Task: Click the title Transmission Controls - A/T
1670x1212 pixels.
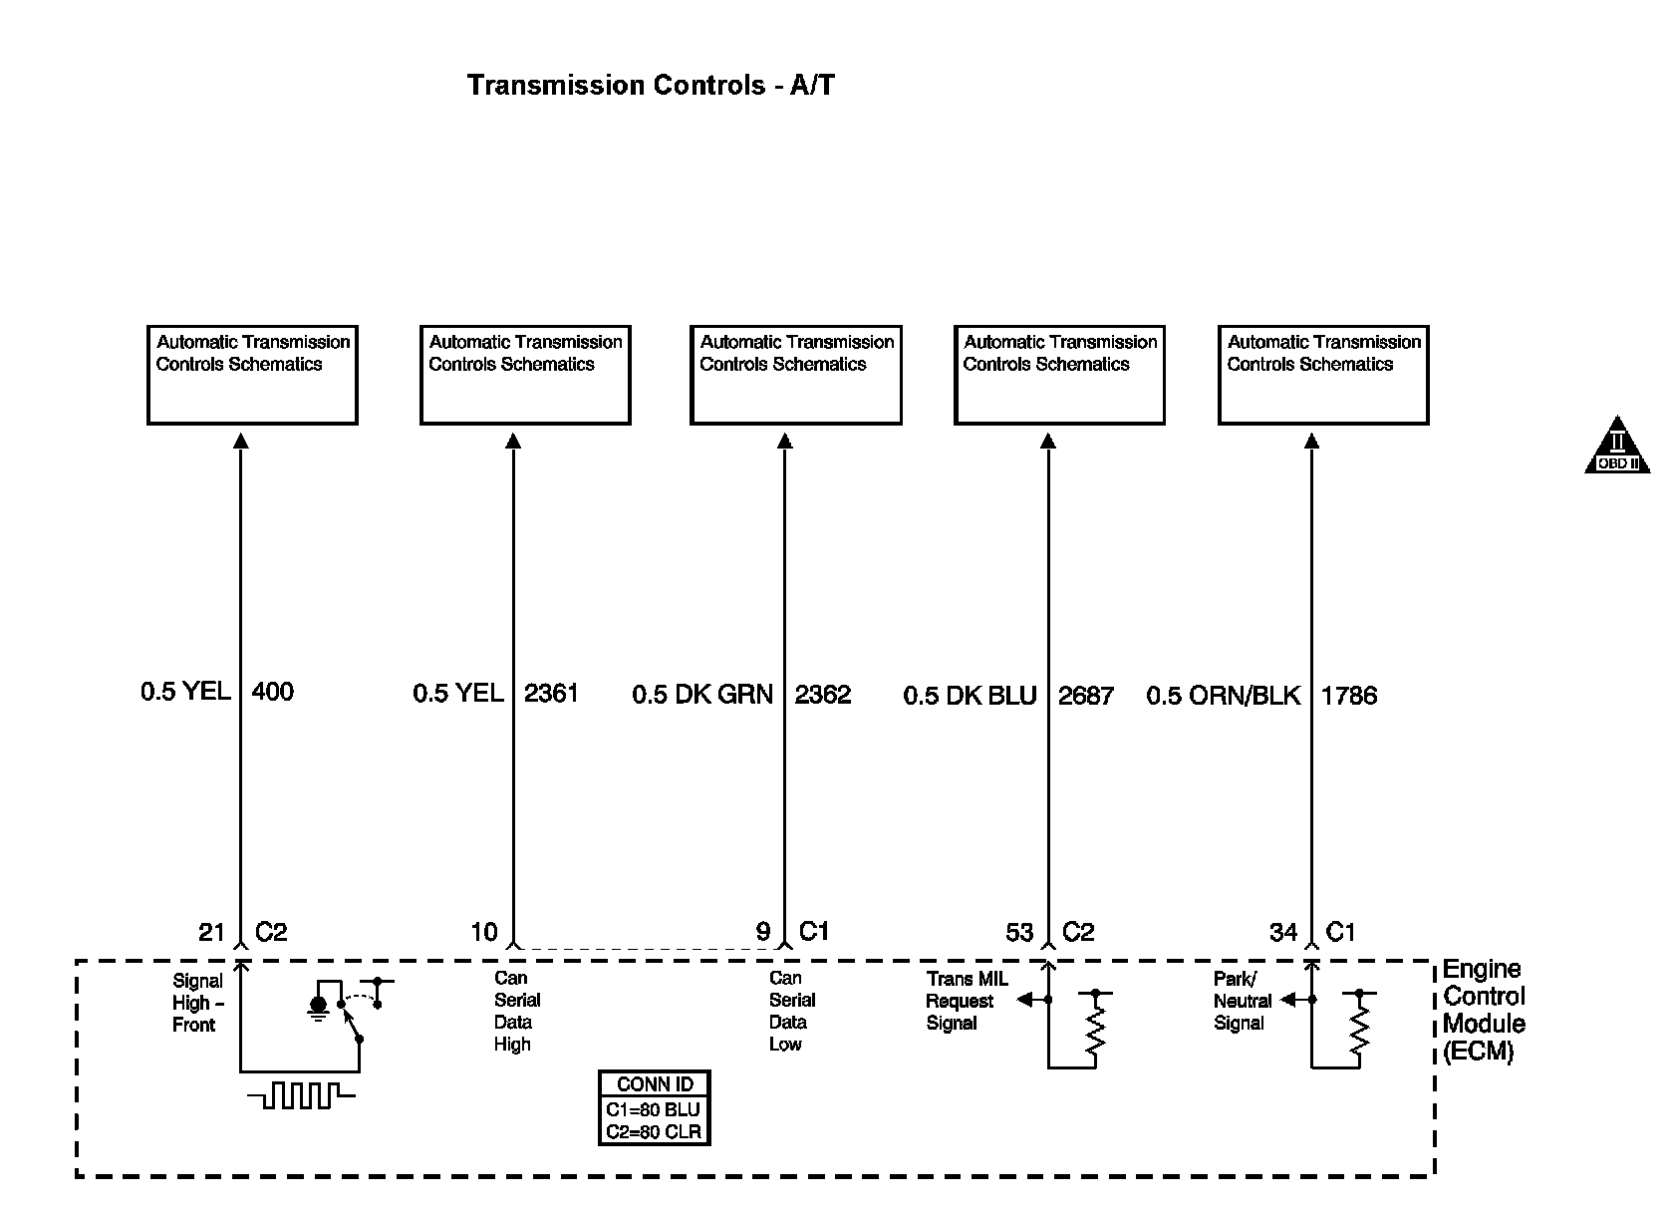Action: click(x=651, y=86)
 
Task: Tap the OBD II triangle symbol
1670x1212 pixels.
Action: click(x=1617, y=447)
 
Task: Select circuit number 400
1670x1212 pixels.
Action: click(x=272, y=692)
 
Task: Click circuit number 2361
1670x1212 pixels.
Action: click(x=551, y=693)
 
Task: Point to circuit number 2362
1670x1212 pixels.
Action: click(x=822, y=694)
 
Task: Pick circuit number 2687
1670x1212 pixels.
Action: click(x=1085, y=695)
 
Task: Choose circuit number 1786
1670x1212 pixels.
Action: click(x=1349, y=695)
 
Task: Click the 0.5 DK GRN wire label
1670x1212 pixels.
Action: click(x=702, y=694)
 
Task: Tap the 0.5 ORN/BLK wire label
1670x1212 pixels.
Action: click(x=1224, y=695)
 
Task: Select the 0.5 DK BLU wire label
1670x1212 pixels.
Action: click(x=970, y=695)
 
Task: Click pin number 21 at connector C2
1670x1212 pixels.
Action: click(x=211, y=932)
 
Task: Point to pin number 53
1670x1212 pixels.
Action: click(x=1019, y=932)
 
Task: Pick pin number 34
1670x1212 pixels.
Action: click(x=1283, y=932)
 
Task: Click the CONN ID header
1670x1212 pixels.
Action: click(x=655, y=1084)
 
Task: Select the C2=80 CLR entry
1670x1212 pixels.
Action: click(x=654, y=1131)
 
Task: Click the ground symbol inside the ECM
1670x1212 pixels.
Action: click(x=319, y=1009)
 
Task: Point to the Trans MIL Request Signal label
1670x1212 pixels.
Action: click(x=966, y=1001)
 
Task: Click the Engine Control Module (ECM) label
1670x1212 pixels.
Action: click(x=1484, y=1011)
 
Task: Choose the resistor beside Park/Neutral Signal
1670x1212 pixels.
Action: click(x=1359, y=1027)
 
